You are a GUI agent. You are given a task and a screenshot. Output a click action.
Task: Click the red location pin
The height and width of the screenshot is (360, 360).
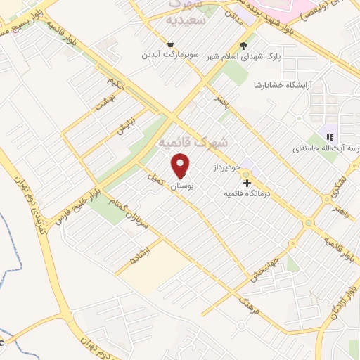[181, 165]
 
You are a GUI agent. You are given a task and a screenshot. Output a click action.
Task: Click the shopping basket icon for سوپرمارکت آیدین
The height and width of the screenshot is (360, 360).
[171, 44]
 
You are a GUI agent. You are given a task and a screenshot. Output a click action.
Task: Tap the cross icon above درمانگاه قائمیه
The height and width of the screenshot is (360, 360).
[246, 182]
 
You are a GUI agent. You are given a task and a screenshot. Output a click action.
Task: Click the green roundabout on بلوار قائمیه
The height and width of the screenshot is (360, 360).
[307, 224]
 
